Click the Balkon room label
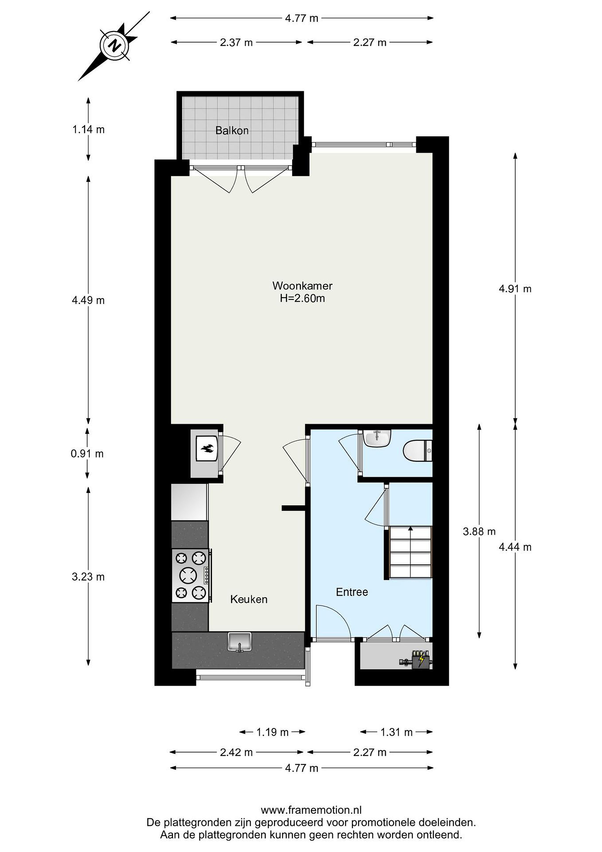tap(232, 131)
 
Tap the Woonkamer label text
tap(303, 286)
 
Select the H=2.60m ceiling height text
tap(303, 298)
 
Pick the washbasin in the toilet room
tap(377, 438)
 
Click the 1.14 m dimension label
tap(88, 130)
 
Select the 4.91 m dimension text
tap(515, 289)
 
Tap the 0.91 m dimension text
tap(87, 454)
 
